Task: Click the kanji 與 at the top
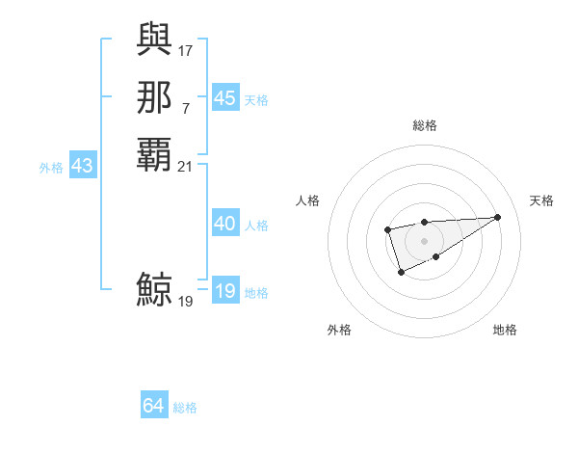point(154,40)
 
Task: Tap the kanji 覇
point(154,154)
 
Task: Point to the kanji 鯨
point(154,290)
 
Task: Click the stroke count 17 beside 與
point(186,49)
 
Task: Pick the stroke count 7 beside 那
point(186,107)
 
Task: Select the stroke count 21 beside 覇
point(186,166)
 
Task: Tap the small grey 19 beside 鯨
point(186,301)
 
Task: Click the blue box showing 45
point(224,98)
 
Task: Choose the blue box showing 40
point(224,224)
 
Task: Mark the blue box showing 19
point(224,291)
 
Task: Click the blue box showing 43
point(82,166)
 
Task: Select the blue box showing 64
point(154,406)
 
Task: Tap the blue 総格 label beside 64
point(185,408)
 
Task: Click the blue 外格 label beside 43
point(51,167)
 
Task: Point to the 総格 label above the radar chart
point(424,125)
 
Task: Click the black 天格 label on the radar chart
point(541,200)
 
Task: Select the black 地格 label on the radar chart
point(505,330)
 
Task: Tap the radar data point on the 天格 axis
point(498,217)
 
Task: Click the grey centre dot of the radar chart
point(424,240)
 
